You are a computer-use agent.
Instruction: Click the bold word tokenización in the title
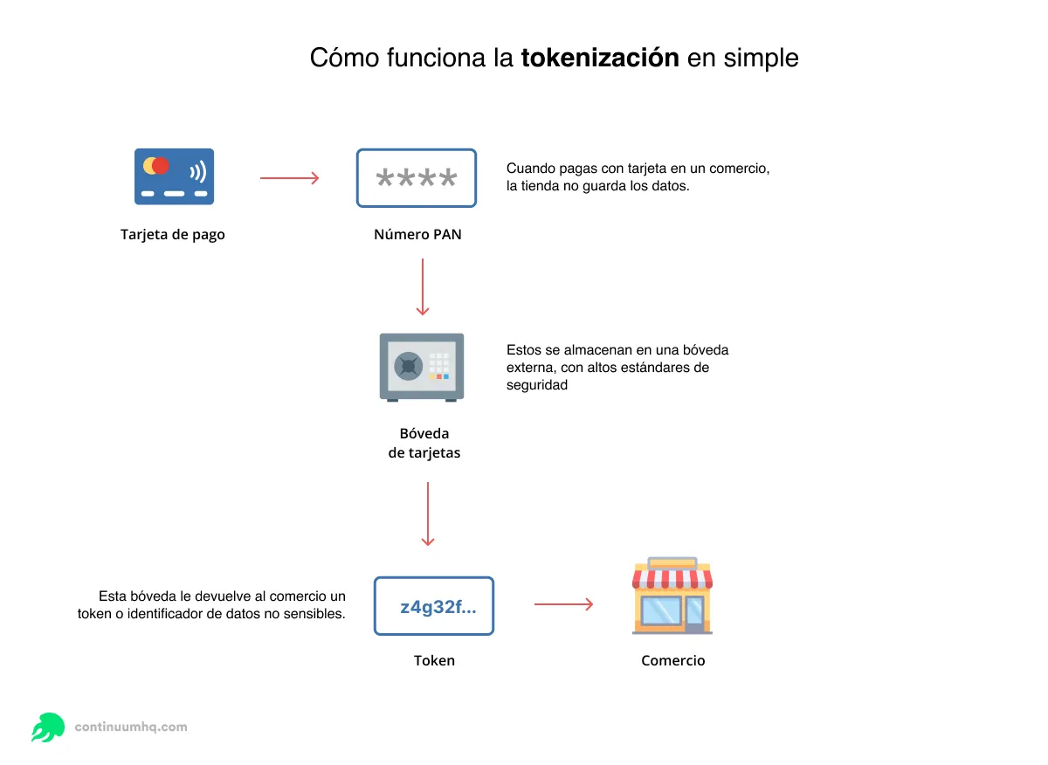(600, 59)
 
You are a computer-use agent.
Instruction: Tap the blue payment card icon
(174, 176)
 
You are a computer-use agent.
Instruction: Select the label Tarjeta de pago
(173, 234)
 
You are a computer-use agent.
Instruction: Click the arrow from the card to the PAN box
(290, 178)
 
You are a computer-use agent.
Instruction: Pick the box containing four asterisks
(417, 178)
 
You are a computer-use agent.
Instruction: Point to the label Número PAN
(417, 234)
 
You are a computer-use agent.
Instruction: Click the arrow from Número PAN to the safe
(423, 286)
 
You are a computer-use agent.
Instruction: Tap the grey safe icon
(422, 366)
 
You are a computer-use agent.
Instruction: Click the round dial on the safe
(408, 365)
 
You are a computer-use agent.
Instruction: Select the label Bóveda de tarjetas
(424, 444)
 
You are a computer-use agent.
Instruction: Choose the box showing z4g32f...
(434, 606)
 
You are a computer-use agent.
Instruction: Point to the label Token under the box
(434, 660)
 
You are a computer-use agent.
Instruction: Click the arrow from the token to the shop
(563, 604)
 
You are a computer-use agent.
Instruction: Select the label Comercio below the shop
(672, 660)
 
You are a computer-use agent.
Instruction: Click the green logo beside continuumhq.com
(48, 727)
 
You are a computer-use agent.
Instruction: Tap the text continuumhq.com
(131, 727)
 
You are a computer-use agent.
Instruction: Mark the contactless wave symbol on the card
(198, 169)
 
